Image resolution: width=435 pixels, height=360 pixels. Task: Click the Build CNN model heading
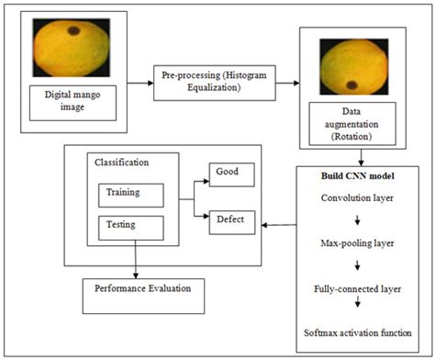click(x=359, y=175)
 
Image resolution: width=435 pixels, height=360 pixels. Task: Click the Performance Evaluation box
click(x=142, y=288)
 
